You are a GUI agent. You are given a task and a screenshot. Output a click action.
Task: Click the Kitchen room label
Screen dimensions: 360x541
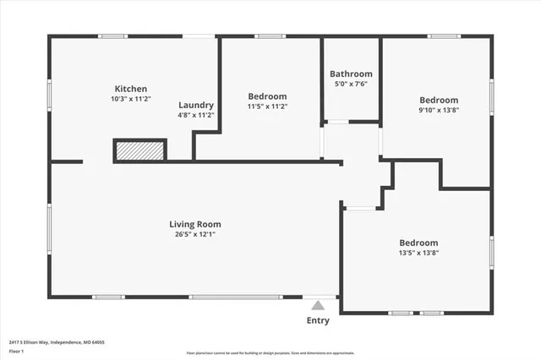pyautogui.click(x=131, y=89)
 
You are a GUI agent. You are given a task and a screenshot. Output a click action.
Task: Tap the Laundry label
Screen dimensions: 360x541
pyautogui.click(x=195, y=105)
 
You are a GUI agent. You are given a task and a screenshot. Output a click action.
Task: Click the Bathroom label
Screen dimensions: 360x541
pyautogui.click(x=350, y=74)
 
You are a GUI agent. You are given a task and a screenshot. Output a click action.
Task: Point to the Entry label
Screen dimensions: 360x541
pyautogui.click(x=318, y=320)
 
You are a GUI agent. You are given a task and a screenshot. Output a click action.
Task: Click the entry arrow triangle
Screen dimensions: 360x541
pyautogui.click(x=318, y=305)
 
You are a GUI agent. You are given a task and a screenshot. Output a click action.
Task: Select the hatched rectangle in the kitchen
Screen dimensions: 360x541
pyautogui.click(x=139, y=150)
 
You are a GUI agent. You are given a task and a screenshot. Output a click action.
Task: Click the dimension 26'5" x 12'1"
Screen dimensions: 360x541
pyautogui.click(x=195, y=234)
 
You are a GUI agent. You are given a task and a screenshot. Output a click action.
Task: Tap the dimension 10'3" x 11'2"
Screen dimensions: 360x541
pyautogui.click(x=131, y=99)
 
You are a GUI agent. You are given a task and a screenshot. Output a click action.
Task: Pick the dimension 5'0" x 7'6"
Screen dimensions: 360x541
pyautogui.click(x=350, y=84)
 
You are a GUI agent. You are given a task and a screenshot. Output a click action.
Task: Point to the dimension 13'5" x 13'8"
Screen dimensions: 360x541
pyautogui.click(x=418, y=252)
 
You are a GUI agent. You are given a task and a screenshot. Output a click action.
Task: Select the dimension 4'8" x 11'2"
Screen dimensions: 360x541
pyautogui.click(x=195, y=115)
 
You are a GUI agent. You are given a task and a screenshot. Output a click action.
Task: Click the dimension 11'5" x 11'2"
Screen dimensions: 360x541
pyautogui.click(x=267, y=106)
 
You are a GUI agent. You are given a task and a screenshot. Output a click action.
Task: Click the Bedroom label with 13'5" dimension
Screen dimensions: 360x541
pyautogui.click(x=418, y=242)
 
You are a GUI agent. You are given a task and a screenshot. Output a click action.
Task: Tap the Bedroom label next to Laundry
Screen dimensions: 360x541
pyautogui.click(x=267, y=96)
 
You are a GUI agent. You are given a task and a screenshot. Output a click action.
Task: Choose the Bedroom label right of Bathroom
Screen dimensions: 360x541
pyautogui.click(x=439, y=99)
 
